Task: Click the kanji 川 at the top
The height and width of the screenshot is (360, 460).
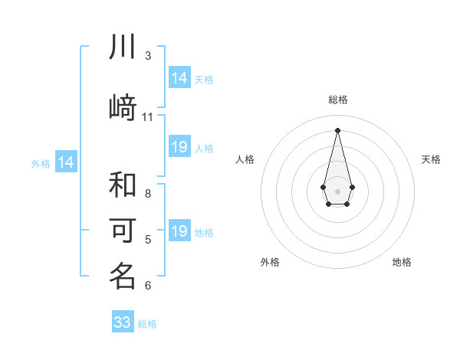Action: [123, 47]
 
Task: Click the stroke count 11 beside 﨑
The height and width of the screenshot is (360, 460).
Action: [148, 117]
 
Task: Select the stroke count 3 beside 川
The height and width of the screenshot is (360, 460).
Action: [148, 56]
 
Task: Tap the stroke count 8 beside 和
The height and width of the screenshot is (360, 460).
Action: [148, 194]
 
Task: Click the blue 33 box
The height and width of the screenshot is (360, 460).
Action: [123, 322]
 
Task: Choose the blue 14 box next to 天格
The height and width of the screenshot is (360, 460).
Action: [179, 78]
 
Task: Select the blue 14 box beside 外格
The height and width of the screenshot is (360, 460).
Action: [65, 162]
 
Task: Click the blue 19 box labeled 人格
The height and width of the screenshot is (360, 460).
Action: [179, 147]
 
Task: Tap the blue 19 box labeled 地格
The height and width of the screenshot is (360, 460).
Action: [179, 231]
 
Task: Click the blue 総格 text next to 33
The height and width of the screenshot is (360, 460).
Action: [147, 324]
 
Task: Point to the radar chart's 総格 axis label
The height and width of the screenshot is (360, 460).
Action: [337, 100]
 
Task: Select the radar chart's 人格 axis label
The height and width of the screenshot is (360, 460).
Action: [245, 159]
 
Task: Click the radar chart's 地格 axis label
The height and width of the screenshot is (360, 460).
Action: [402, 262]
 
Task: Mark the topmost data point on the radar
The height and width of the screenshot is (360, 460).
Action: [337, 129]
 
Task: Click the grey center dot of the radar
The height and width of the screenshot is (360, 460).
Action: [337, 190]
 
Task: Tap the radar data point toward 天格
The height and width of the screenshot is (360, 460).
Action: [352, 187]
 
